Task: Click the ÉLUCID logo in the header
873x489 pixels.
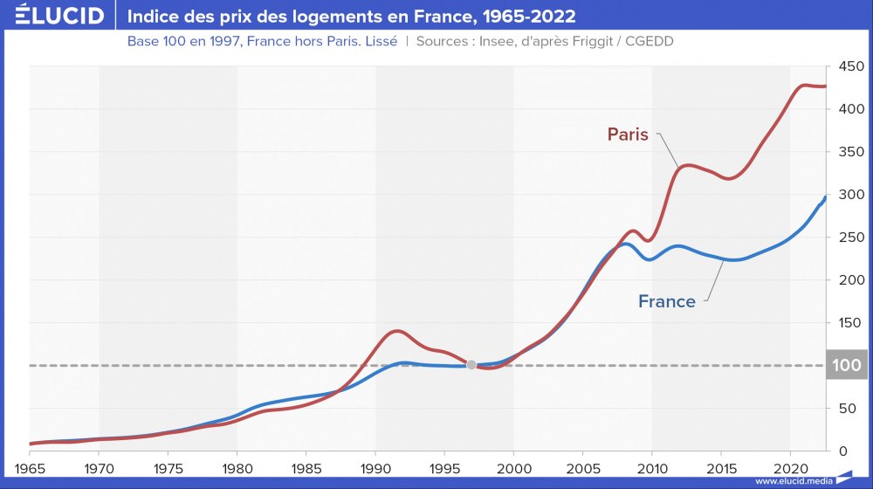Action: click(x=53, y=17)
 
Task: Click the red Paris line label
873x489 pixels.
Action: click(x=628, y=134)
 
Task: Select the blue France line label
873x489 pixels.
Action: click(x=667, y=301)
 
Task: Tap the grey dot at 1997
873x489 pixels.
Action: click(x=471, y=365)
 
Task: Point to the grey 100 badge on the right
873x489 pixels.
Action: click(x=847, y=365)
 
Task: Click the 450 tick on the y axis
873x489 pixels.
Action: click(x=847, y=66)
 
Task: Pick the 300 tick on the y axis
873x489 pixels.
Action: click(x=847, y=195)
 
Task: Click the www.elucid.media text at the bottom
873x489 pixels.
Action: click(x=793, y=481)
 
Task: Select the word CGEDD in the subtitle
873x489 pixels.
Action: click(x=647, y=41)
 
